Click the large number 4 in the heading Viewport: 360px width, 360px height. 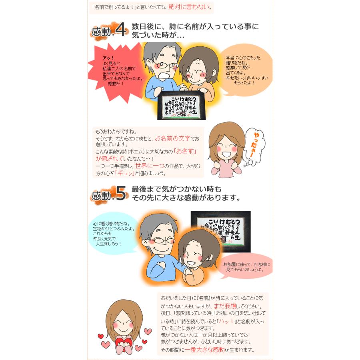pos(120,31)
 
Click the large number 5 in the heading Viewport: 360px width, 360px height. pos(120,195)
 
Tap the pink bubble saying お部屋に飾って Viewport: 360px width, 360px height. pos(246,267)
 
